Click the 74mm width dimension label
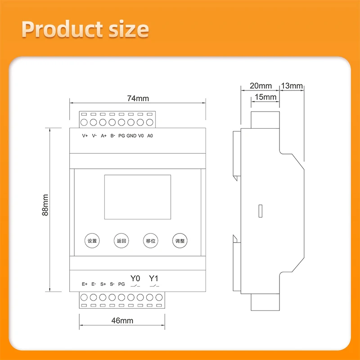tap(138, 98)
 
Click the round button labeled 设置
tap(92, 241)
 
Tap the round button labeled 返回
tap(121, 241)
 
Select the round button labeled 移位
tap(150, 241)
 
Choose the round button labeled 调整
tap(180, 241)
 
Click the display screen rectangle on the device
tap(137, 194)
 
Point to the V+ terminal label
tap(85, 135)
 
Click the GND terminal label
tap(131, 135)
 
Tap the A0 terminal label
tap(150, 135)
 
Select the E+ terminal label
tap(85, 284)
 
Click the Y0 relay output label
tap(135, 278)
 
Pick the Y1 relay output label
tap(154, 278)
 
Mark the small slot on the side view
tap(260, 211)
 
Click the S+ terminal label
tap(103, 284)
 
